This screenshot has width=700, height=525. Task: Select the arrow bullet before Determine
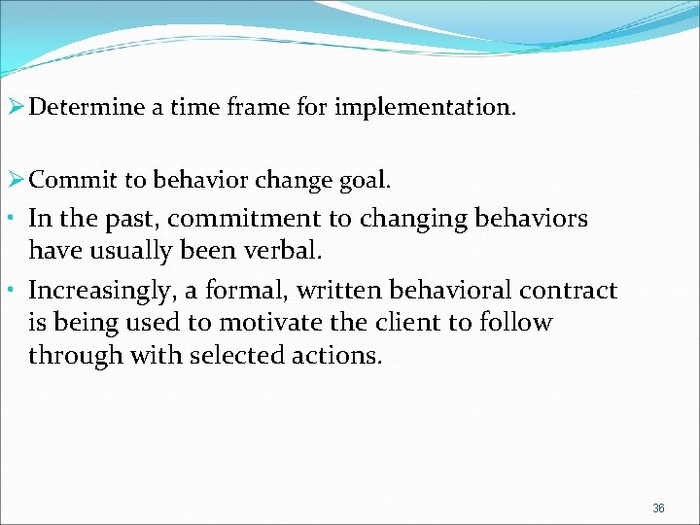coord(15,107)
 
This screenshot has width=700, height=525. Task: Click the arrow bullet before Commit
coord(15,179)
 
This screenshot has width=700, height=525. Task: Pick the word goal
coord(366,179)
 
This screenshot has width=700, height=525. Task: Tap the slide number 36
coord(658,507)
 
